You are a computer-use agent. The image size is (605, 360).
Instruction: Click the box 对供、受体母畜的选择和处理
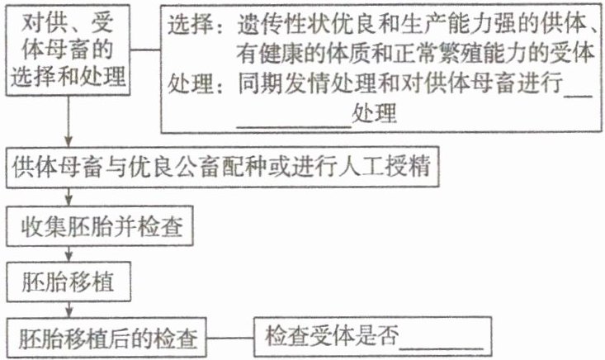69,51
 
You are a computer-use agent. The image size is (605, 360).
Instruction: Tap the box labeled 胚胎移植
73,282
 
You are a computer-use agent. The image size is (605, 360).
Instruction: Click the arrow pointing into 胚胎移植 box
69,254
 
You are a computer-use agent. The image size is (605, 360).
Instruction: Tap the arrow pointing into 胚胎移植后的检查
69,310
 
